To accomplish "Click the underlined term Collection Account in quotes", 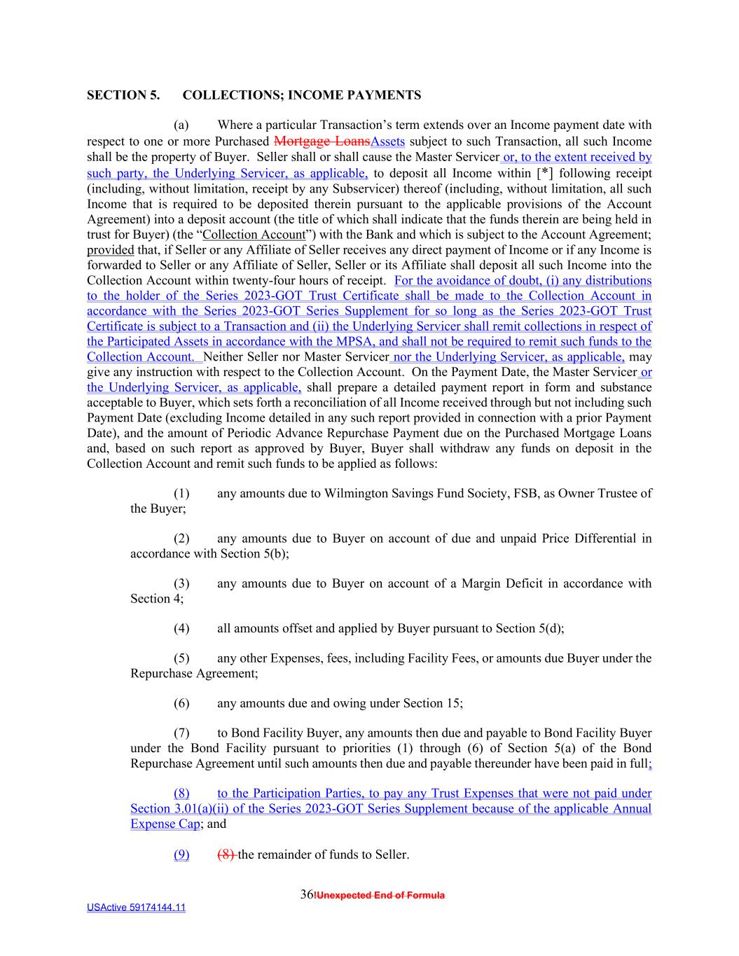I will [254, 235].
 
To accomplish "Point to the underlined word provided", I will [110, 250].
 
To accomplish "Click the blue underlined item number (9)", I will [181, 854].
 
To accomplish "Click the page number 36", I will [306, 894].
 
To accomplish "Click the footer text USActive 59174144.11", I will [136, 908].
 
